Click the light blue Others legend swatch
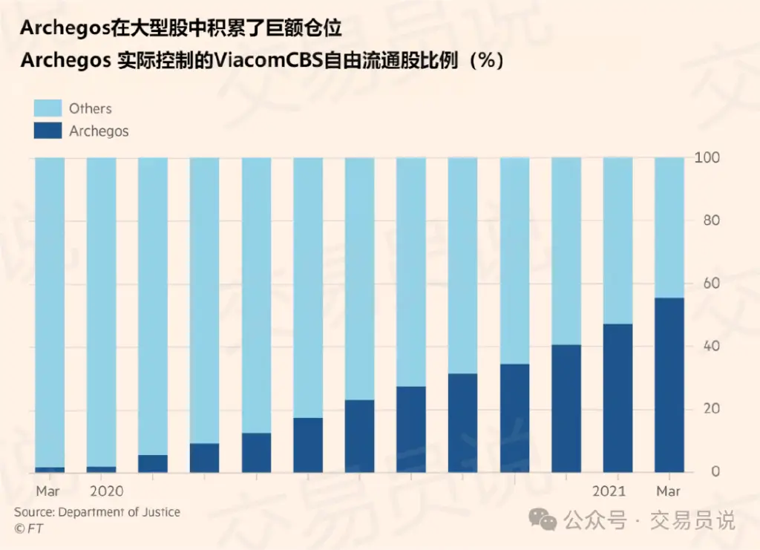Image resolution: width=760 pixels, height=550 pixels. point(47,108)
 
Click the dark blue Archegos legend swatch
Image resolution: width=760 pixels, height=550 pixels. point(47,131)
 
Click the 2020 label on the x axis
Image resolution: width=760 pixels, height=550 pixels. point(106,491)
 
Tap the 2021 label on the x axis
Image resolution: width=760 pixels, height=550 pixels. point(609,491)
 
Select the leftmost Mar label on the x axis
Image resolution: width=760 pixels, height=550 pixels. point(48,491)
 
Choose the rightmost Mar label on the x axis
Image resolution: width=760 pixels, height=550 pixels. point(668,491)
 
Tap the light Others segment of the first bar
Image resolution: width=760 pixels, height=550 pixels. point(50,312)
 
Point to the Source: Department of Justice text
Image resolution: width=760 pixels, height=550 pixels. point(97,512)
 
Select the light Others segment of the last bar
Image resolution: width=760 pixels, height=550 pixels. point(669,227)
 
